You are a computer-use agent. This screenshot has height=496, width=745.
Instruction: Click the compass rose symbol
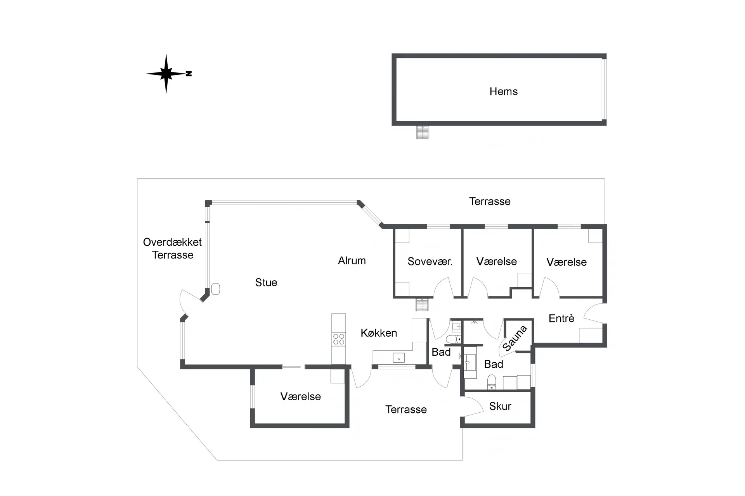pyautogui.click(x=166, y=74)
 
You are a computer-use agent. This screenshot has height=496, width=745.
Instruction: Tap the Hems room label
pyautogui.click(x=503, y=91)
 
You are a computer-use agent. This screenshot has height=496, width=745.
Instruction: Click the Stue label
pyautogui.click(x=266, y=282)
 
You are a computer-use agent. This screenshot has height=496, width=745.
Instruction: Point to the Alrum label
pyautogui.click(x=352, y=261)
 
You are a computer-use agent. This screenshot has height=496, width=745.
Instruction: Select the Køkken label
pyautogui.click(x=379, y=333)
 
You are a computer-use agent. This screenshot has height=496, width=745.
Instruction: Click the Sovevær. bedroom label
pyautogui.click(x=430, y=262)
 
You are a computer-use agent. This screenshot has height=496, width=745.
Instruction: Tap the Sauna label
pyautogui.click(x=515, y=338)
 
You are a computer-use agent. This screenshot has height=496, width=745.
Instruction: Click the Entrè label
pyautogui.click(x=561, y=319)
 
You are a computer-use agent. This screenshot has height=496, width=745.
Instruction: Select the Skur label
pyautogui.click(x=500, y=406)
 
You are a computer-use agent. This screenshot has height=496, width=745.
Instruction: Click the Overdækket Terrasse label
pyautogui.click(x=172, y=248)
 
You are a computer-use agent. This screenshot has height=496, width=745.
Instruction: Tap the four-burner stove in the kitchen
pyautogui.click(x=338, y=339)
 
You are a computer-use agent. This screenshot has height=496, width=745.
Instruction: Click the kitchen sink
pyautogui.click(x=398, y=358)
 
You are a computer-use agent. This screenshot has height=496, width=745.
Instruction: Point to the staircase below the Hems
pyautogui.click(x=423, y=132)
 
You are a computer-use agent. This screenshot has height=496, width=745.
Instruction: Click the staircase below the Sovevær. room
pyautogui.click(x=422, y=304)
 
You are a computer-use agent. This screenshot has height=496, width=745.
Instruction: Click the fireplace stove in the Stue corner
pyautogui.click(x=215, y=289)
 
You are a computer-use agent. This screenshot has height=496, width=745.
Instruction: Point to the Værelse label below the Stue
pyautogui.click(x=300, y=396)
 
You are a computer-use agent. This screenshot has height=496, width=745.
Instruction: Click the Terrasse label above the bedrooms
pyautogui.click(x=490, y=201)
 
